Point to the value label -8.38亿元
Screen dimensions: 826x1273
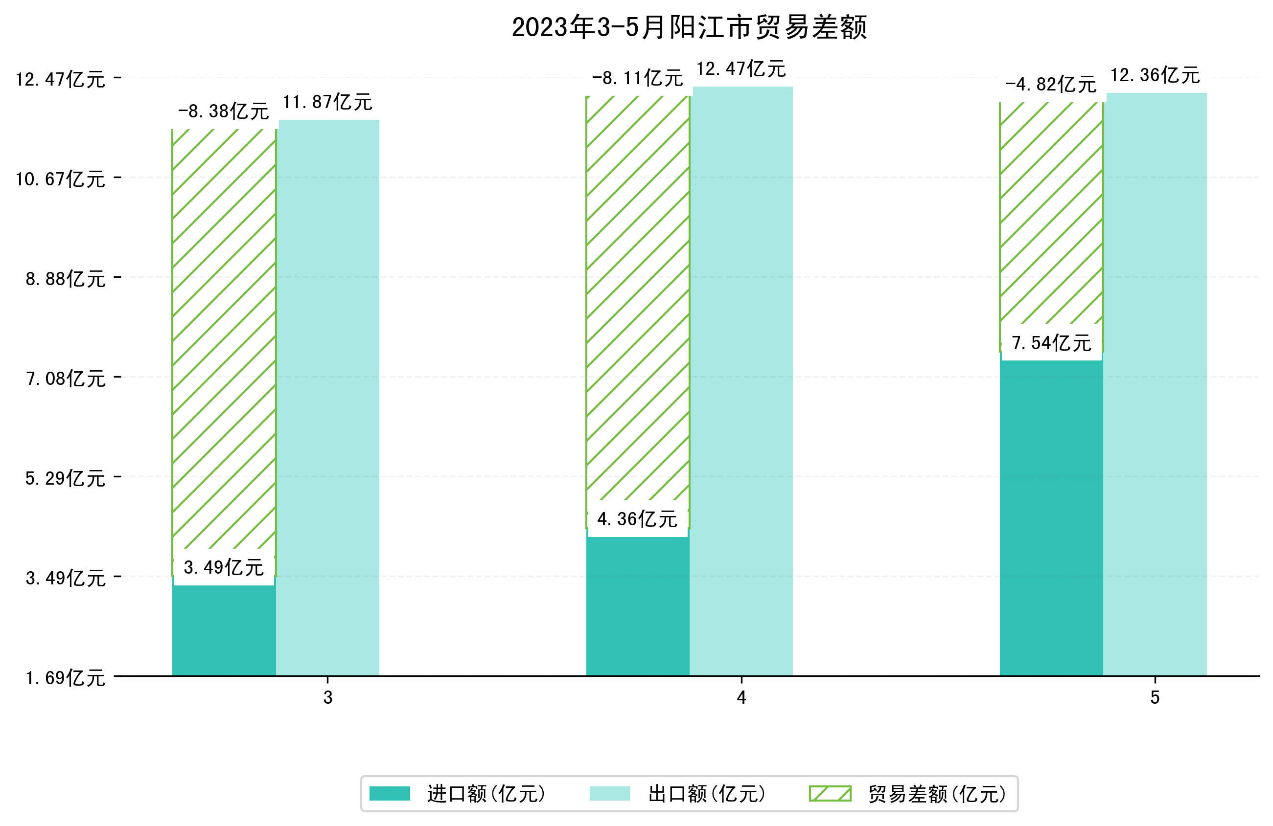(224, 111)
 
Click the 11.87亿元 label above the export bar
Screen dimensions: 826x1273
(327, 102)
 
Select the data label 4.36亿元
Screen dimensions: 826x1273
(637, 518)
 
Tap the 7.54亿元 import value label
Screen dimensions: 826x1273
(1051, 343)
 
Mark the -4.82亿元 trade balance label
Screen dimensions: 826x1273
(1051, 84)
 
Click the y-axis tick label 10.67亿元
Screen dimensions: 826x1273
(60, 179)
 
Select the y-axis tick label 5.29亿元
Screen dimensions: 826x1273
(65, 478)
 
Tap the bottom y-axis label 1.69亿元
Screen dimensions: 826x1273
(65, 677)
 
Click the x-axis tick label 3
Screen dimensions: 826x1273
(328, 697)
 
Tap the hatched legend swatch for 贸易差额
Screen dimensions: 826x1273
(830, 793)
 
